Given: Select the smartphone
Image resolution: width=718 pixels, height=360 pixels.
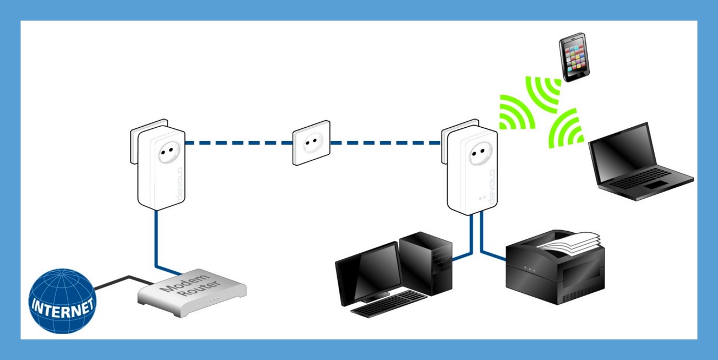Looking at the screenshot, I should point(574,57).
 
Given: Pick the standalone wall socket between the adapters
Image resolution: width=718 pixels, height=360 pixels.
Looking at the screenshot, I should point(311,143).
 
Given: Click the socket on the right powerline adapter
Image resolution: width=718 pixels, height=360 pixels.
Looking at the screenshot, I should point(478,156).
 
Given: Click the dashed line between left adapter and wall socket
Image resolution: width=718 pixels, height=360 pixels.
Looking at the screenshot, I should point(238,143).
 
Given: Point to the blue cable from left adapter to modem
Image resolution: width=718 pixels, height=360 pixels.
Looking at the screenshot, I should point(156,238).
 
